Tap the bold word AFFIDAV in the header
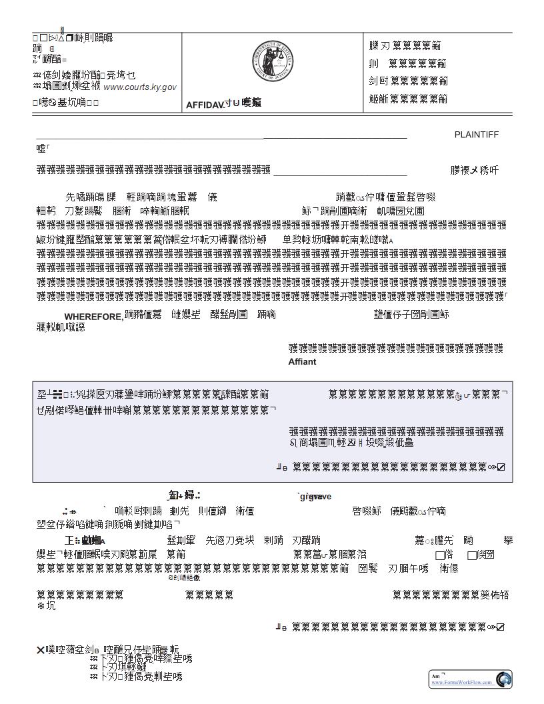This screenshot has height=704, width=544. [205, 105]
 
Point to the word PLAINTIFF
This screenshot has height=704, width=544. [476, 135]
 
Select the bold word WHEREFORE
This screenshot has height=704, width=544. [94, 317]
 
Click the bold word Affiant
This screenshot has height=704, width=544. [302, 362]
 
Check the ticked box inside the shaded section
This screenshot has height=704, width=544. [501, 467]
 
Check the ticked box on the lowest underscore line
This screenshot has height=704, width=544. [501, 627]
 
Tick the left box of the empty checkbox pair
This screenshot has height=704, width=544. [440, 555]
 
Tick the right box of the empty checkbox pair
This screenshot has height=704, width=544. [472, 555]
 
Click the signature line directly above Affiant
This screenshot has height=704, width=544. [395, 348]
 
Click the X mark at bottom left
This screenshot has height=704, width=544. [40, 650]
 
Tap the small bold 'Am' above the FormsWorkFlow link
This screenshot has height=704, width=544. [435, 676]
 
